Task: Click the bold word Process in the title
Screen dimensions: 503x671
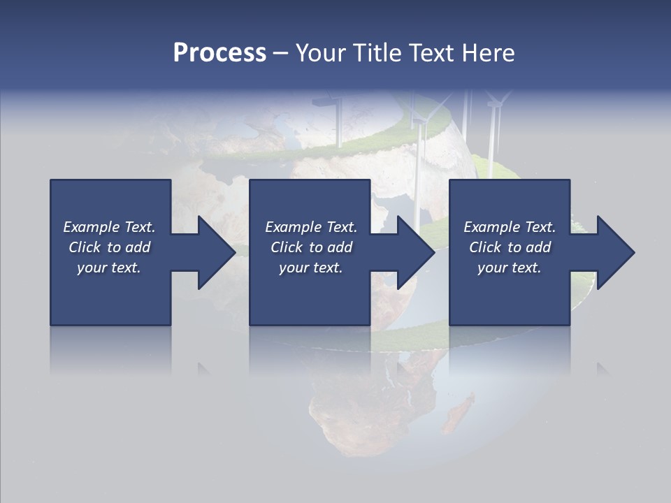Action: pyautogui.click(x=219, y=52)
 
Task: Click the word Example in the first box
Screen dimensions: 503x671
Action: pyautogui.click(x=92, y=227)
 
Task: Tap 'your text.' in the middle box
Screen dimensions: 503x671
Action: pyautogui.click(x=310, y=268)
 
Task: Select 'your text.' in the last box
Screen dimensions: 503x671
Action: pyautogui.click(x=509, y=268)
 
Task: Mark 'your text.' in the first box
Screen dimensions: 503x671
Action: pyautogui.click(x=109, y=268)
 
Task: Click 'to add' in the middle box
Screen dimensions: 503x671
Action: pyautogui.click(x=331, y=247)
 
